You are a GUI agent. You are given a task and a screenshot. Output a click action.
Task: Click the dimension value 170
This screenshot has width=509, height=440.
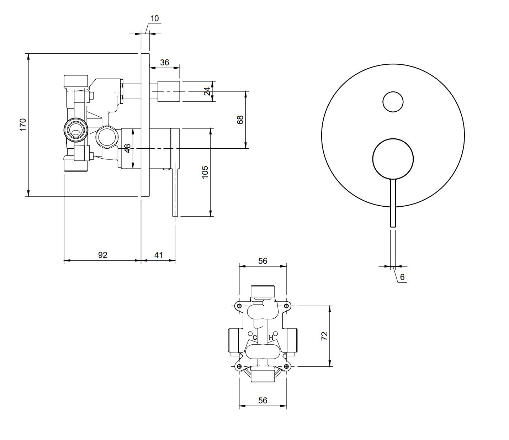(23, 125)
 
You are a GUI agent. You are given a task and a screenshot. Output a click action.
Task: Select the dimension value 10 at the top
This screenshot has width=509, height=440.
(154, 18)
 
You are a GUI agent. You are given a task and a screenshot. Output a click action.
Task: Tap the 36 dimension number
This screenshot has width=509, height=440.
(164, 63)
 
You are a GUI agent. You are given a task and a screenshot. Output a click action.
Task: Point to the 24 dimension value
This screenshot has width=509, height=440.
(207, 91)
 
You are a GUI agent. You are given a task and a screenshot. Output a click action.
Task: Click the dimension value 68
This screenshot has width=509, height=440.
(240, 120)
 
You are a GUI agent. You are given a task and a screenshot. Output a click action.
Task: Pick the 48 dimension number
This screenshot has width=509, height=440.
(128, 148)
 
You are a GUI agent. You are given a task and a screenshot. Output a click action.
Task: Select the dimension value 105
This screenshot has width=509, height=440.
(205, 172)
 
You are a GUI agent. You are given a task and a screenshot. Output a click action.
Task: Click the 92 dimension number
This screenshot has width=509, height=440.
(102, 255)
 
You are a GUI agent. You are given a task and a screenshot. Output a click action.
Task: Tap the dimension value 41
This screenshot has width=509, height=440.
(158, 255)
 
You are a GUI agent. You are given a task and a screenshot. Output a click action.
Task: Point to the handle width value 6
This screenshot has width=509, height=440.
(402, 277)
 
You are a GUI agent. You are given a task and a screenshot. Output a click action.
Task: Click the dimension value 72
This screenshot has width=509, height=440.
(324, 336)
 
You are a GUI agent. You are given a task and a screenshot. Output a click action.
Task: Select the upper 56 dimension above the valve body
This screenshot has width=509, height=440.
(263, 261)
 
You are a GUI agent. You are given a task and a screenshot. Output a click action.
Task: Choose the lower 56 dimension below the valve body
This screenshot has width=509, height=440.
(263, 400)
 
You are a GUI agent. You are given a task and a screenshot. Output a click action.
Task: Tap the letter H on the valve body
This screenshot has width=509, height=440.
(271, 337)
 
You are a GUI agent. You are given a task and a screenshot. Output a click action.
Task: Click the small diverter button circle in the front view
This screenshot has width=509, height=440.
(393, 102)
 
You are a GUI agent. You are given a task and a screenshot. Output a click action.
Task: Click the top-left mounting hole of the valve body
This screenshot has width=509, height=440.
(239, 306)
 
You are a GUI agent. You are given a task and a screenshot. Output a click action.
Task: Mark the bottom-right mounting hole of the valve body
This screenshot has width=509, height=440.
(286, 366)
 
